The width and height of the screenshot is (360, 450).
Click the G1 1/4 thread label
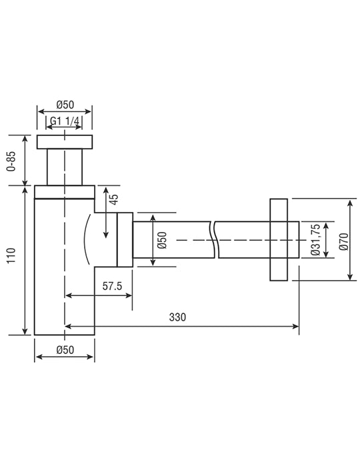(x=64, y=121)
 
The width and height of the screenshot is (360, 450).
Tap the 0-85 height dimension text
(x=11, y=161)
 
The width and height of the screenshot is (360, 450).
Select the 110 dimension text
(x=11, y=256)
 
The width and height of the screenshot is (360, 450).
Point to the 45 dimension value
(x=114, y=199)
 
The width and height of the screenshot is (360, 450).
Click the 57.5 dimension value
(x=112, y=286)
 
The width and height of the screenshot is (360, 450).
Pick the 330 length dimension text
(x=177, y=317)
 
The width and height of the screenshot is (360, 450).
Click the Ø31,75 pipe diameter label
(x=315, y=239)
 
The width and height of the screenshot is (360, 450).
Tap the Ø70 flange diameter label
(x=343, y=241)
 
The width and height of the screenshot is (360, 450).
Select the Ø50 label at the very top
(x=65, y=105)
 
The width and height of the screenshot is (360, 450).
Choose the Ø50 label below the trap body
(x=65, y=350)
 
